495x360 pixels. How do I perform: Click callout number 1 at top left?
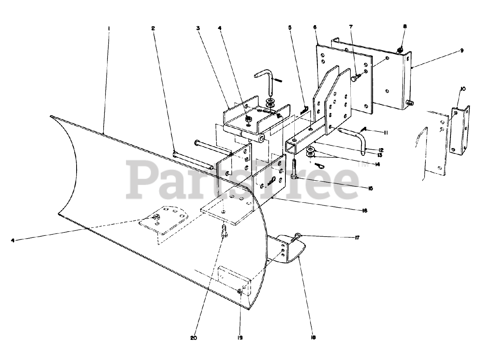click(109, 28)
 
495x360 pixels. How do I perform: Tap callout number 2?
click(153, 28)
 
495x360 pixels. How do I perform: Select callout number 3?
click(198, 28)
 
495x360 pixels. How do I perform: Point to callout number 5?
click(289, 28)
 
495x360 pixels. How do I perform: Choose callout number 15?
click(370, 188)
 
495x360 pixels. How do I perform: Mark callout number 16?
click(364, 211)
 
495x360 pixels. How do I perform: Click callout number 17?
click(357, 238)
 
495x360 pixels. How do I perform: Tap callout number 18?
click(313, 337)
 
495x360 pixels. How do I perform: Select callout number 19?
click(240, 337)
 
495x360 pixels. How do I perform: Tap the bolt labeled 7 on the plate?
click(355, 78)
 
